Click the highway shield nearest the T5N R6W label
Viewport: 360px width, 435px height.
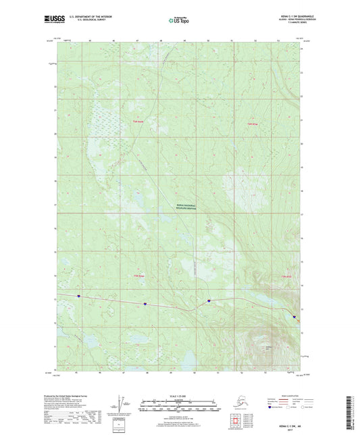pyautogui.click(x=145, y=304)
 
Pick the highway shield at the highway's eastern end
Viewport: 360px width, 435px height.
pyautogui.click(x=294, y=316)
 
